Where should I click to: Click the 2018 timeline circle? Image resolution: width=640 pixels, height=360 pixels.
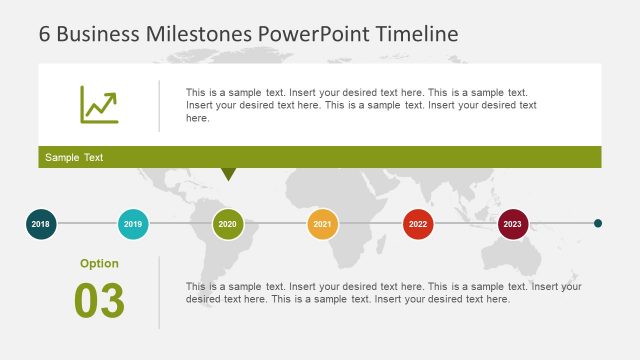click(40, 224)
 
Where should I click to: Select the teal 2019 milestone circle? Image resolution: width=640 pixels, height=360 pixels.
click(134, 224)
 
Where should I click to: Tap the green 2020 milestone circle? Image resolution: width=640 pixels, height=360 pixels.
click(228, 224)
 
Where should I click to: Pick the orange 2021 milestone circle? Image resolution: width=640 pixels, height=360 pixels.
click(322, 224)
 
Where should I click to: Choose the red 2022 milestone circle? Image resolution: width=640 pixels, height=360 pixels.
click(418, 224)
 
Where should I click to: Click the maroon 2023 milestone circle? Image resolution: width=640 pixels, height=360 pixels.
click(513, 224)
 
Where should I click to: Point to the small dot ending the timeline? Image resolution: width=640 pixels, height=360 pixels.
click(598, 224)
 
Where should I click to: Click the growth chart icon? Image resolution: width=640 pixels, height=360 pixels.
click(99, 105)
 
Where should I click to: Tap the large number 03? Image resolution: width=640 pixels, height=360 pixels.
click(99, 301)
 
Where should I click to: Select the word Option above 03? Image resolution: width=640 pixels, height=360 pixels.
click(99, 264)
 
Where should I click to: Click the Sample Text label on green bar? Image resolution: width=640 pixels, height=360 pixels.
click(74, 158)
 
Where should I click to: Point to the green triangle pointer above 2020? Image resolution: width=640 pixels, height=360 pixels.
click(228, 174)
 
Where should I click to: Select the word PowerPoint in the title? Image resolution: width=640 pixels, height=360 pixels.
click(314, 33)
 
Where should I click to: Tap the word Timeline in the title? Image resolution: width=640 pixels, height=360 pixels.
click(417, 33)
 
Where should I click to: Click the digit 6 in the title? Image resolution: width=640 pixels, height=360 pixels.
click(45, 33)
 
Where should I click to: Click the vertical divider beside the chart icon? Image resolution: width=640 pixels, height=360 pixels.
click(159, 105)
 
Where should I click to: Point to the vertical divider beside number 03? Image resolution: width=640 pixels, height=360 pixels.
click(159, 292)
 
